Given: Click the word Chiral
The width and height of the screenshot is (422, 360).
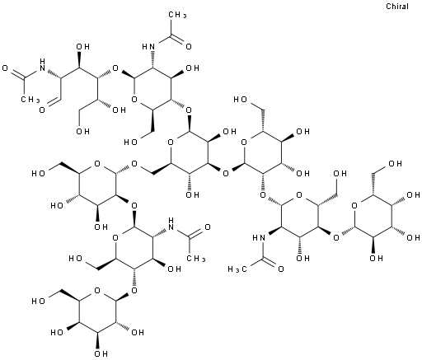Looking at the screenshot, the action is (397, 6).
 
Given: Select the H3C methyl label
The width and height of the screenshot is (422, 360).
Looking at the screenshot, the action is (237, 269).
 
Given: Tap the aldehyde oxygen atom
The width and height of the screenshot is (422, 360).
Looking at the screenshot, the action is (42, 110).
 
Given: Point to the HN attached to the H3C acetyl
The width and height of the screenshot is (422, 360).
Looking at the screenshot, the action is (259, 238).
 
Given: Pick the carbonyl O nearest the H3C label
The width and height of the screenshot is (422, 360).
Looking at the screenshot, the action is (281, 269).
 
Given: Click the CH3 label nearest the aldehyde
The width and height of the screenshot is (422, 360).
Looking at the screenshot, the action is (30, 99).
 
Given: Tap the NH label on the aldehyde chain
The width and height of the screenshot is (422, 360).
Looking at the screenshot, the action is (42, 63).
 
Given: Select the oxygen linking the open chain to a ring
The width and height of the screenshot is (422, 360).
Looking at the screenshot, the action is (115, 68).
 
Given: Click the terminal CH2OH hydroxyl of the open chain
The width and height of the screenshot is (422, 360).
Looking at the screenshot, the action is (82, 131).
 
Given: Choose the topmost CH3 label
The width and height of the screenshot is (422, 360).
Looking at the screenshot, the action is (177, 15).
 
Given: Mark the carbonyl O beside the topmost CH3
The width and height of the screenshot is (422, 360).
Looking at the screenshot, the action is (189, 46).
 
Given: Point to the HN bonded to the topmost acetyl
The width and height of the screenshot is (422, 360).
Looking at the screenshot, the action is (148, 46).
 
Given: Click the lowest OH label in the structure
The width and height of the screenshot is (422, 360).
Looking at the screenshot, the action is (101, 353).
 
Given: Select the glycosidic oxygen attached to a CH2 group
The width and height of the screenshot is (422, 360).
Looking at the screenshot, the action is (134, 164).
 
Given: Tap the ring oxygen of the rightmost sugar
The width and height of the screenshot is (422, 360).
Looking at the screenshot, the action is (354, 206).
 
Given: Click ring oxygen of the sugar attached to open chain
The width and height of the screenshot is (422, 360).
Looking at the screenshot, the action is (134, 99).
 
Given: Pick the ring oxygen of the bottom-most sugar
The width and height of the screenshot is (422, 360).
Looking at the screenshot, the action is (96, 290).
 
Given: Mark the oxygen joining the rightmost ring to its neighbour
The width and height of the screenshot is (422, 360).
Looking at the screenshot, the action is (335, 237).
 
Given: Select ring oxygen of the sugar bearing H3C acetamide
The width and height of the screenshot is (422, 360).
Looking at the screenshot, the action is (299, 195).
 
